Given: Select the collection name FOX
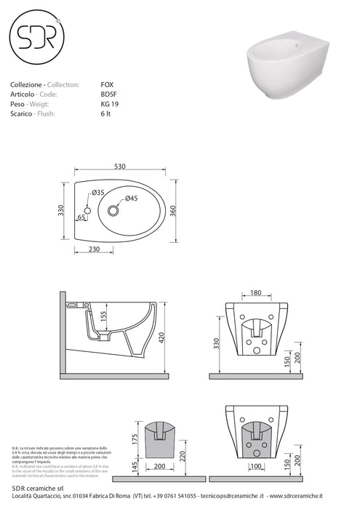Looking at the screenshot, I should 107,85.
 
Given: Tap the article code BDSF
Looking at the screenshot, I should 108,95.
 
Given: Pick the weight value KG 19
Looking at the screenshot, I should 109,104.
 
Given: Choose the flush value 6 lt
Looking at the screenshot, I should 106,113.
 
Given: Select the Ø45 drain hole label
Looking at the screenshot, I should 132,199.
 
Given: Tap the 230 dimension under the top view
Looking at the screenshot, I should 95,249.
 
